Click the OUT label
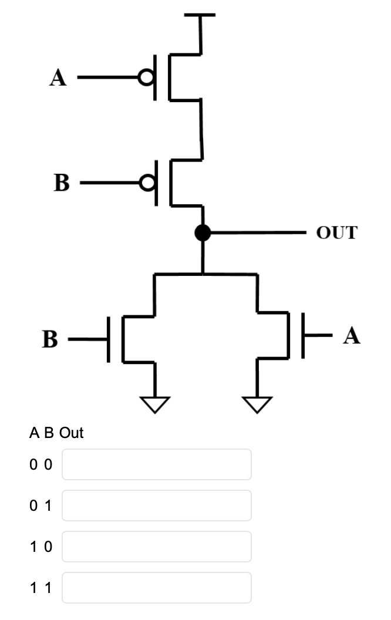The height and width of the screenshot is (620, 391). pos(336,232)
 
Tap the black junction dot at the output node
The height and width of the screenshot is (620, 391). pos(203,233)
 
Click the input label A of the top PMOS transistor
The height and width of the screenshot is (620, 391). pos(58,77)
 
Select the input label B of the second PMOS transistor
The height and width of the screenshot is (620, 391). pos(61,183)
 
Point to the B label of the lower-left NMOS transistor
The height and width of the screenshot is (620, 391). pos(50,340)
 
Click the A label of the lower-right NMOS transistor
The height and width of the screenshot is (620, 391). pos(352,336)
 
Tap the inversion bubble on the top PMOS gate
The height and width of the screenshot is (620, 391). pos(145,77)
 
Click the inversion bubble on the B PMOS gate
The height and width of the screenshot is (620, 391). pos(147,183)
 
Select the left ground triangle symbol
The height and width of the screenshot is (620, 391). pos(155,404)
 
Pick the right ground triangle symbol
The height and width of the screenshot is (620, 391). pos(257,404)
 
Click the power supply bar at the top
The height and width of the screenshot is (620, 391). pos(200,15)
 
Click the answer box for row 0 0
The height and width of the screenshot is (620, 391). pos(156,464)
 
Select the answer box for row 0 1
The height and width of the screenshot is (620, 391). pos(156,506)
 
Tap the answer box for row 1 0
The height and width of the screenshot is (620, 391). pos(156,547)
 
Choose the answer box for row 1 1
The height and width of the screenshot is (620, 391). pos(156,588)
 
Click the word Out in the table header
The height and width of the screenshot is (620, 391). pos(72,433)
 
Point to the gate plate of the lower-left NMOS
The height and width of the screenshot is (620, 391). pos(109,340)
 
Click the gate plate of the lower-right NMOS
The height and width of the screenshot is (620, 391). pos(304,336)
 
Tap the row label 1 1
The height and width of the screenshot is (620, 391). pos(41,588)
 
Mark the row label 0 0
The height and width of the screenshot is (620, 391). pos(41,465)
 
